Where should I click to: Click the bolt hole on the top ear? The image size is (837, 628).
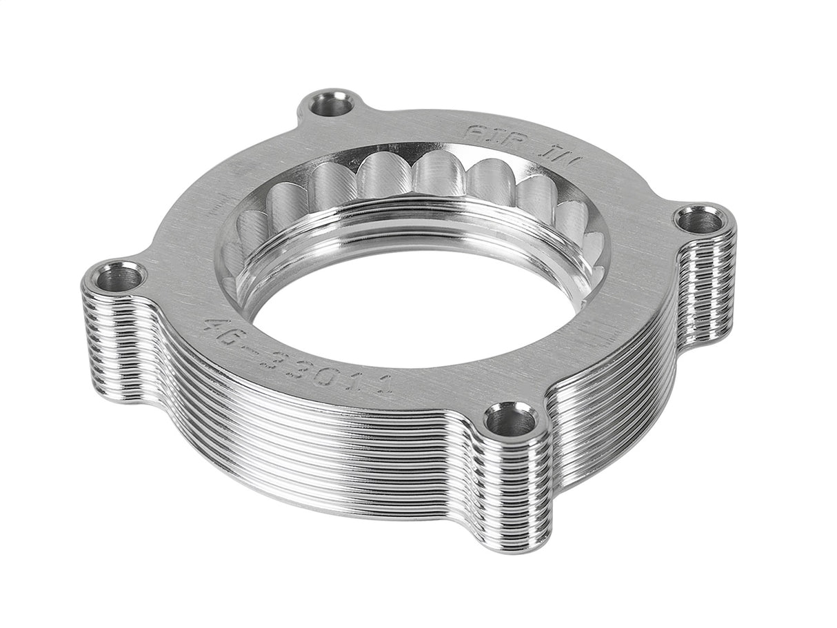332,105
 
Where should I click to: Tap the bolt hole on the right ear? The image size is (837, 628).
699,221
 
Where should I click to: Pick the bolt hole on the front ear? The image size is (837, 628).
510,420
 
